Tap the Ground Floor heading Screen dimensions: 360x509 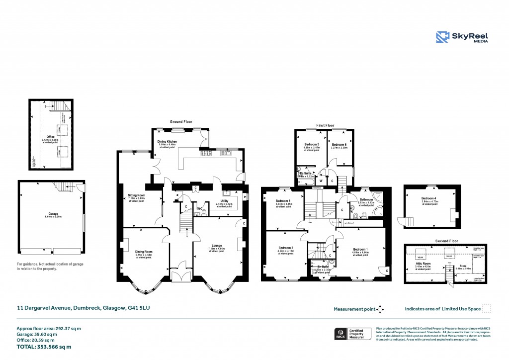pos(181,121)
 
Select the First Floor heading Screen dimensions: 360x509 pos(325,125)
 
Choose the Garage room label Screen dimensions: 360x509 pos(50,214)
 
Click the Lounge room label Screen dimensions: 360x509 pos(216,246)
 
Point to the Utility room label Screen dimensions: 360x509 pos(225,201)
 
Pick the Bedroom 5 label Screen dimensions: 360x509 pos(311,144)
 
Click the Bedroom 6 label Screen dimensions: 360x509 pos(339,144)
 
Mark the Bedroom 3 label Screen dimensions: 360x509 pos(283,201)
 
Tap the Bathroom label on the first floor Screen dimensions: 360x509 pos(366,200)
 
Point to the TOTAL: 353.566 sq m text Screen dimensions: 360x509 pos(44,347)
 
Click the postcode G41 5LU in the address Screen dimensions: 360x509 pos(139,308)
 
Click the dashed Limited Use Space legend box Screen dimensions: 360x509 pos(487,309)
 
